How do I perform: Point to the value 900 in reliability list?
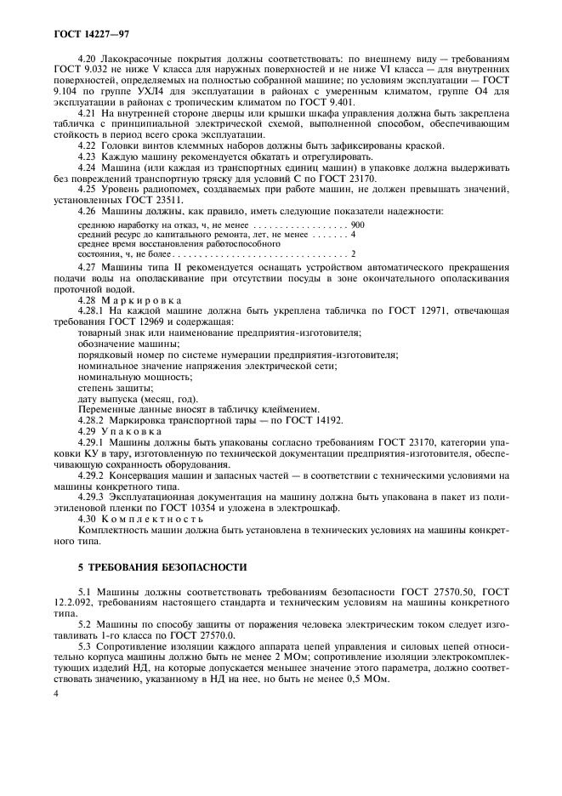pos(357,223)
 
